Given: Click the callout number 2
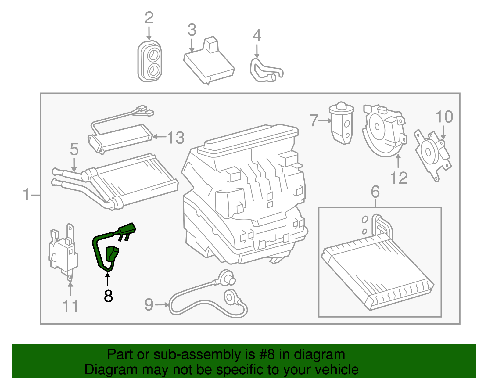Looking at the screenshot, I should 149,18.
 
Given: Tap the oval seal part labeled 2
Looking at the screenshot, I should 149,62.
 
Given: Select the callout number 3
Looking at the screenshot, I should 192,30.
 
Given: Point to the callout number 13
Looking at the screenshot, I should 176,138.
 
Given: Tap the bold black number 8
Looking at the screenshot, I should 108,296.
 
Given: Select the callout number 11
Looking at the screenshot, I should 70,306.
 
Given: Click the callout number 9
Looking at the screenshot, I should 149,304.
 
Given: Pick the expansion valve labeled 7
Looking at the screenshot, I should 342,124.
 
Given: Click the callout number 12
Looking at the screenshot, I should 399,178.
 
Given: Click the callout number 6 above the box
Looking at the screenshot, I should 375,192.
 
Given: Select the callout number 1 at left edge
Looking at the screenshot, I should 27,194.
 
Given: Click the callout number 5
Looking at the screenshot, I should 74,149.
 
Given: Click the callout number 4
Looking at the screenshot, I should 257,36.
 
